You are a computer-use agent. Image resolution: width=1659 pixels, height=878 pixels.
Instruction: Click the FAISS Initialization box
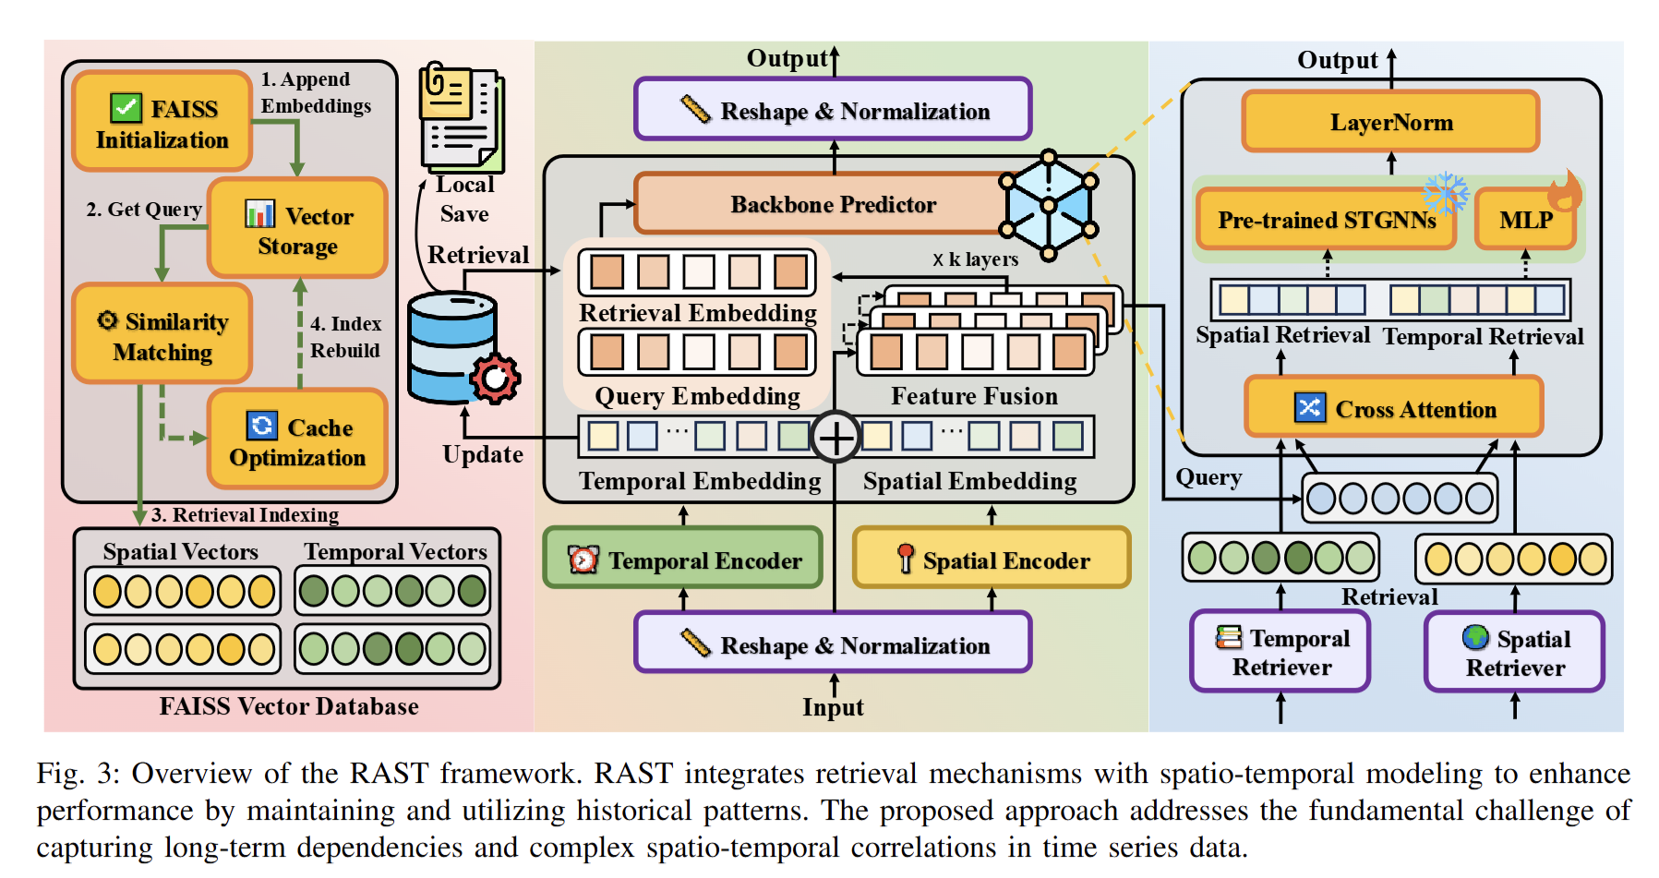pyautogui.click(x=162, y=123)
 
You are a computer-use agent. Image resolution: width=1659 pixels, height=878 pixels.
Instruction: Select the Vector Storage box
pyautogui.click(x=297, y=229)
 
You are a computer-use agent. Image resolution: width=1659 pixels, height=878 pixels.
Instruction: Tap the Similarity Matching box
pyautogui.click(x=162, y=335)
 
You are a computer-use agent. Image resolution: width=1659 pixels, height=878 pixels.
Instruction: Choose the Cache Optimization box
pyautogui.click(x=297, y=440)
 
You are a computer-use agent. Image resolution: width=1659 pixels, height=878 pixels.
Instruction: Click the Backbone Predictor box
pyautogui.click(x=821, y=204)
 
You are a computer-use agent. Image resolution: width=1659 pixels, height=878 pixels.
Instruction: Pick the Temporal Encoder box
pyautogui.click(x=683, y=559)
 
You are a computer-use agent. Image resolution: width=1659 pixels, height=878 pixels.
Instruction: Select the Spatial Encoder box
pyautogui.click(x=992, y=559)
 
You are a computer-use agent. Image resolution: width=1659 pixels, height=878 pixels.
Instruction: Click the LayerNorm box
pyautogui.click(x=1390, y=122)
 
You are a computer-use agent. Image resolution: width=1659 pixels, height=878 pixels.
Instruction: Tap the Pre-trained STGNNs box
pyautogui.click(x=1326, y=220)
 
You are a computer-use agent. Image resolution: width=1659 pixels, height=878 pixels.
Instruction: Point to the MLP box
pyautogui.click(x=1525, y=220)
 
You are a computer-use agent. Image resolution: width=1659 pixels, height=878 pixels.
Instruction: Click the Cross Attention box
pyautogui.click(x=1394, y=407)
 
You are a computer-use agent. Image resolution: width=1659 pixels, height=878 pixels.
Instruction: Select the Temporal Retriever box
pyautogui.click(x=1280, y=652)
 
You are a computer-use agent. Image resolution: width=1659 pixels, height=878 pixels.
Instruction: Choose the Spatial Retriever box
pyautogui.click(x=1515, y=652)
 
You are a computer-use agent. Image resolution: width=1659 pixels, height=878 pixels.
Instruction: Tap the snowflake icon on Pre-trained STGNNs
pyautogui.click(x=1445, y=193)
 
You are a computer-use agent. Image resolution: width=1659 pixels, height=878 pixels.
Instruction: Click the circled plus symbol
pyautogui.click(x=836, y=437)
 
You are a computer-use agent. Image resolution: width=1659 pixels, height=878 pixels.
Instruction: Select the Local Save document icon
pyautogui.click(x=462, y=117)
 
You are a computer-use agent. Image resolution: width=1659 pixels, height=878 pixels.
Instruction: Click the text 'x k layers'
pyautogui.click(x=975, y=259)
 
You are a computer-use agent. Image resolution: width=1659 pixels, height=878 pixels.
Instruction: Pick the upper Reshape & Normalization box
pyautogui.click(x=833, y=110)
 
